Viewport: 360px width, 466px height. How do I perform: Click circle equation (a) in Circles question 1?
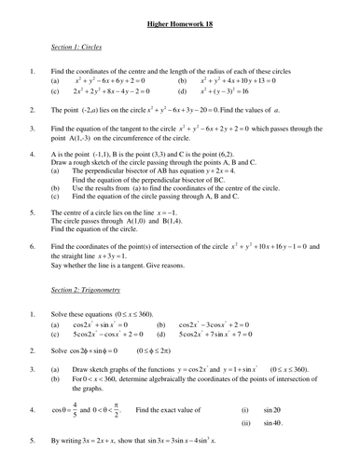pyautogui.click(x=119, y=81)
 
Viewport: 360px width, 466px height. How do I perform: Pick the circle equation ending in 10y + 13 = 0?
pyautogui.click(x=250, y=81)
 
